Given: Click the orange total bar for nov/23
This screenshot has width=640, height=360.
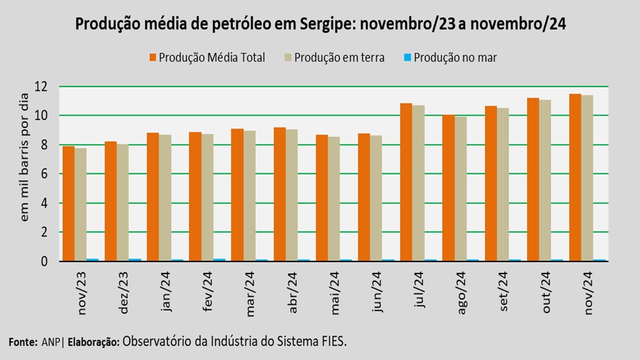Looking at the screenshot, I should pos(68,203).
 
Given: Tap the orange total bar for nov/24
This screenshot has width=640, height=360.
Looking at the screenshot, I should pos(575,177).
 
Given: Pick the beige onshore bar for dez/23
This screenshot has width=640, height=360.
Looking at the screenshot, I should pos(122,202).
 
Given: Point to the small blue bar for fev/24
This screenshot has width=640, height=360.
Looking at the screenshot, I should pos(219,259).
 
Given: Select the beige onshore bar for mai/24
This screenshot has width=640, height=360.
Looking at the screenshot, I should pos(334,198).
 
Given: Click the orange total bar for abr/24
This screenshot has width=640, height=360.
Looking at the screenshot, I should pos(279,194).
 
